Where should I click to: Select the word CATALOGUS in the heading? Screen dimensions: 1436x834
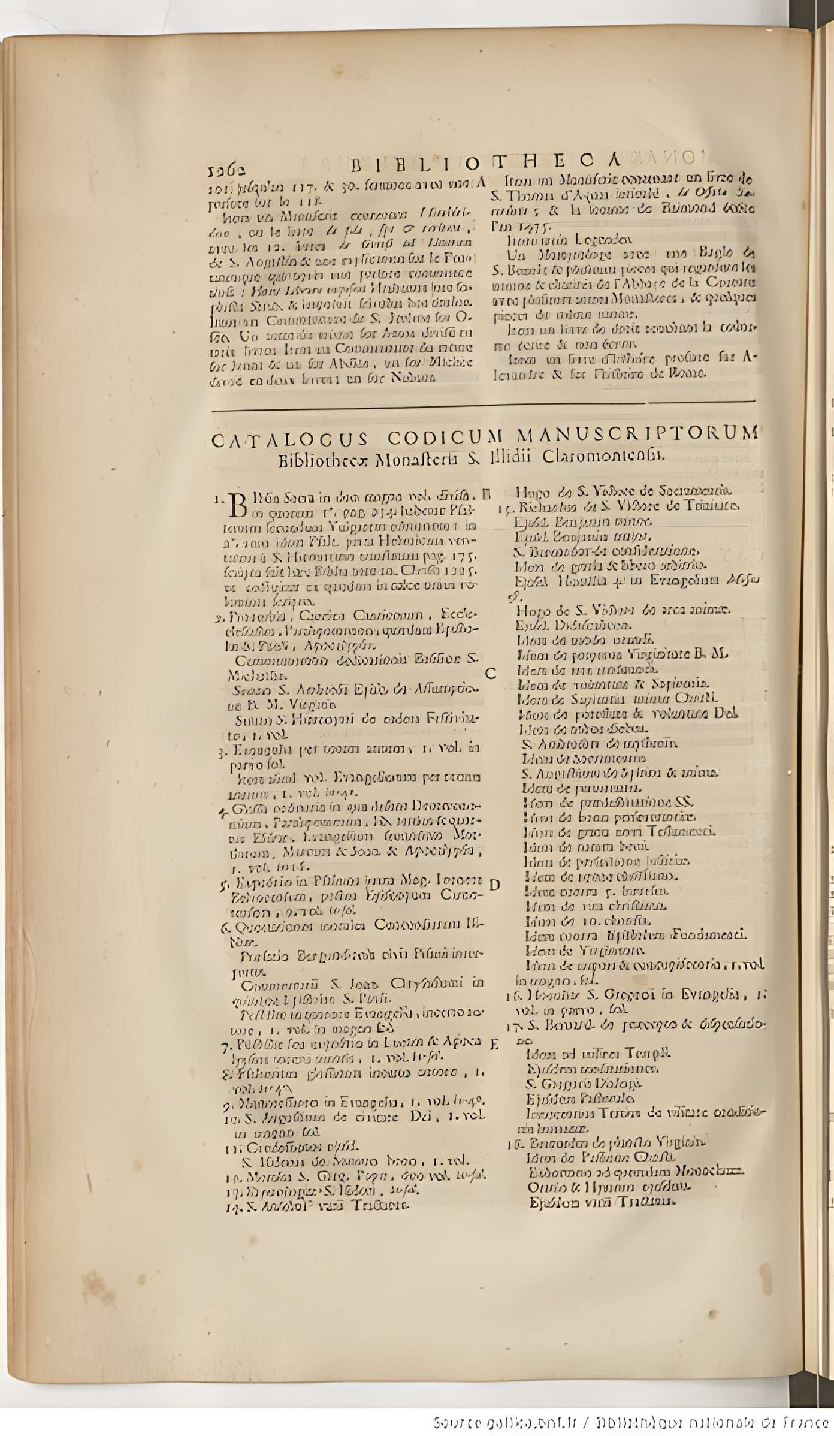pyautogui.click(x=290, y=439)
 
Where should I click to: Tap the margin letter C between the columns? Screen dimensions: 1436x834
pyautogui.click(x=490, y=674)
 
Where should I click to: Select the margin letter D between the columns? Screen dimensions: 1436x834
pyautogui.click(x=494, y=885)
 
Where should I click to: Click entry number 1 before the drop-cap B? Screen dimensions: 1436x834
pyautogui.click(x=219, y=499)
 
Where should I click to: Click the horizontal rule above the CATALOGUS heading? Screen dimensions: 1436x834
pyautogui.click(x=483, y=406)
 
